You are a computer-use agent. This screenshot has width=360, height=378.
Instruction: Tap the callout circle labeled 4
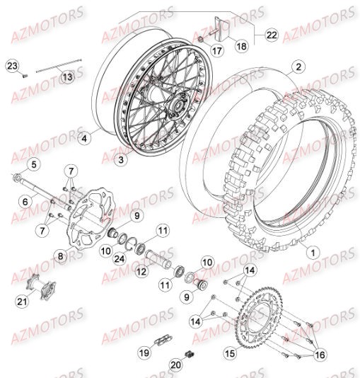(85, 139)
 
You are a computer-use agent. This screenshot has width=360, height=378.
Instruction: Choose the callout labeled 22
(272, 34)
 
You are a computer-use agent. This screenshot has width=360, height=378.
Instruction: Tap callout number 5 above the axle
(33, 166)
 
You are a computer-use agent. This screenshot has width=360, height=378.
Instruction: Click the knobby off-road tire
(276, 177)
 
